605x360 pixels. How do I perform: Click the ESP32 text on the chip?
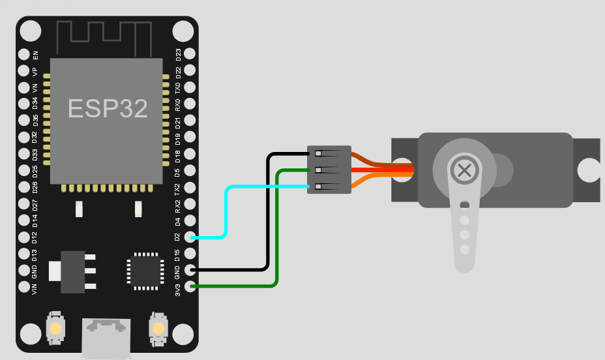pos(108,109)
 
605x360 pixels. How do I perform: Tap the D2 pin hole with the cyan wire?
pos(190,237)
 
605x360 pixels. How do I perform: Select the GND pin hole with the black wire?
pos(190,269)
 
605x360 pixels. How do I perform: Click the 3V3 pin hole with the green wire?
pos(190,286)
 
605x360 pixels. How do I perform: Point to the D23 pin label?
pos(178,54)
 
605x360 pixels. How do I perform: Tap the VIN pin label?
pos(35,288)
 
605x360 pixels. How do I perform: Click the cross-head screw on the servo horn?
pos(464,171)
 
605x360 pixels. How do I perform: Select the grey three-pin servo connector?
pos(329,170)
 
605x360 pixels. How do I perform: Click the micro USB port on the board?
pos(105,336)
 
